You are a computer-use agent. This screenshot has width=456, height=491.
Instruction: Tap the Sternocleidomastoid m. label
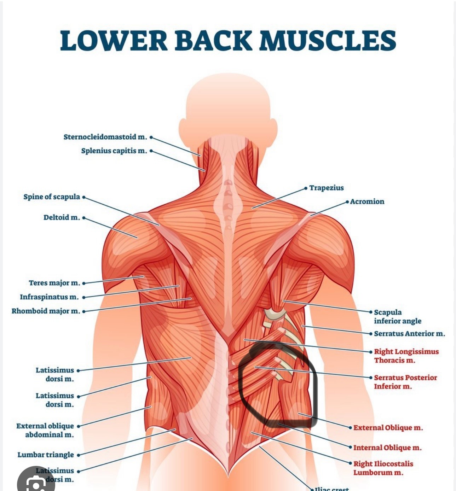[x=105, y=137]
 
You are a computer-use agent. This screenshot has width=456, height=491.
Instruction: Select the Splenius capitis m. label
[x=114, y=151]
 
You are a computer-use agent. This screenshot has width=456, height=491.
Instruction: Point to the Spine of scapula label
[x=52, y=197]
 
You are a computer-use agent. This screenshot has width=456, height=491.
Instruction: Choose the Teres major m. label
[x=54, y=283]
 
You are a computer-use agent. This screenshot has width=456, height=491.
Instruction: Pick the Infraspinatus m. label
[x=49, y=297]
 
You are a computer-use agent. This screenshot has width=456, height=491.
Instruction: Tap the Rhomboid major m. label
[x=46, y=311]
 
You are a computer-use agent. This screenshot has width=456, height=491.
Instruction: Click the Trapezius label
[x=326, y=188]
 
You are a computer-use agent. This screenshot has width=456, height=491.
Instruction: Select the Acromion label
[x=367, y=201]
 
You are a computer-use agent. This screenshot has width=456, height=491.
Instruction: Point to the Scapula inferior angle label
[x=397, y=316]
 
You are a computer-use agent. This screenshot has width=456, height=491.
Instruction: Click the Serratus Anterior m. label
[x=409, y=333]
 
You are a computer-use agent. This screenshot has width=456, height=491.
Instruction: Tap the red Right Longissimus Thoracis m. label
[x=406, y=356]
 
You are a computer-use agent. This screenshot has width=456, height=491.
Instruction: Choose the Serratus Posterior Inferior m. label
[x=405, y=382]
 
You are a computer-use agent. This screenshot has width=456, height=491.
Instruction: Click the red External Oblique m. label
[x=388, y=428]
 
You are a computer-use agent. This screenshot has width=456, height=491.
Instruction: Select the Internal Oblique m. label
[x=387, y=448]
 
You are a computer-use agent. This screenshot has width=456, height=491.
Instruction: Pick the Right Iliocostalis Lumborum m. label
[x=383, y=468]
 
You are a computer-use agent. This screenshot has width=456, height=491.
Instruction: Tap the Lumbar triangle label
[x=46, y=455]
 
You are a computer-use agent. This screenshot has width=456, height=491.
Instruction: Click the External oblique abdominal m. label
[x=45, y=430]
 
